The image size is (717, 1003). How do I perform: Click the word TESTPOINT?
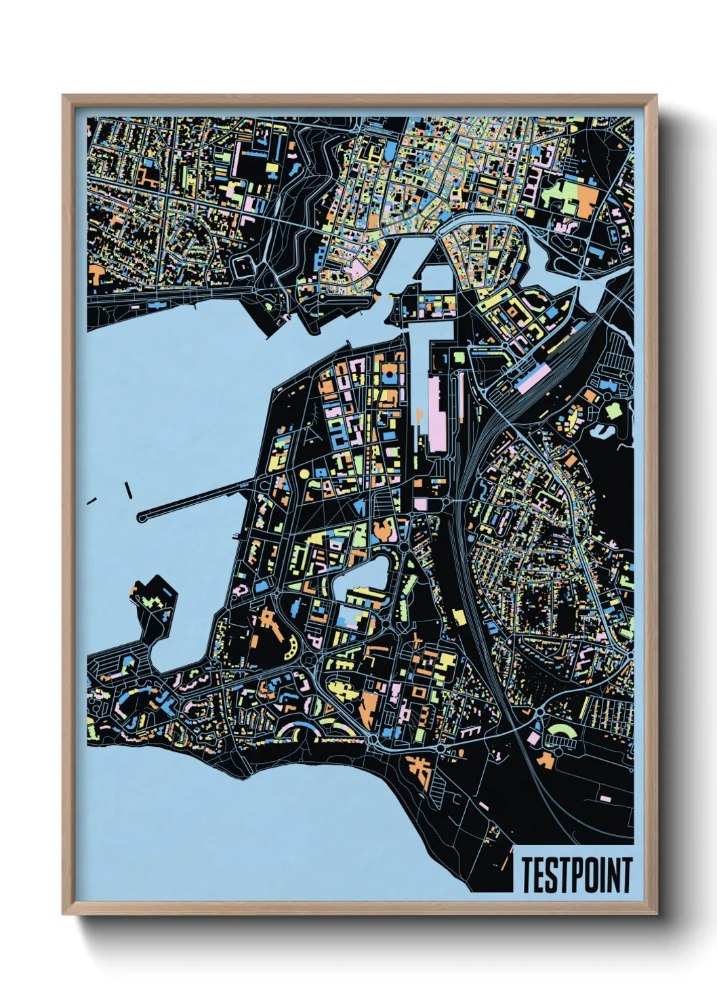pyautogui.click(x=577, y=875)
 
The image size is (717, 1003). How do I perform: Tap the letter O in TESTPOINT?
pyautogui.click(x=591, y=875)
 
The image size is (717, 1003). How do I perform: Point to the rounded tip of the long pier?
pyautogui.click(x=142, y=517)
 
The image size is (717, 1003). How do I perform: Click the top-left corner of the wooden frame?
pyautogui.click(x=64, y=97)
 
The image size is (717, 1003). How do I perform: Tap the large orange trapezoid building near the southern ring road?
pyautogui.click(x=369, y=707)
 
